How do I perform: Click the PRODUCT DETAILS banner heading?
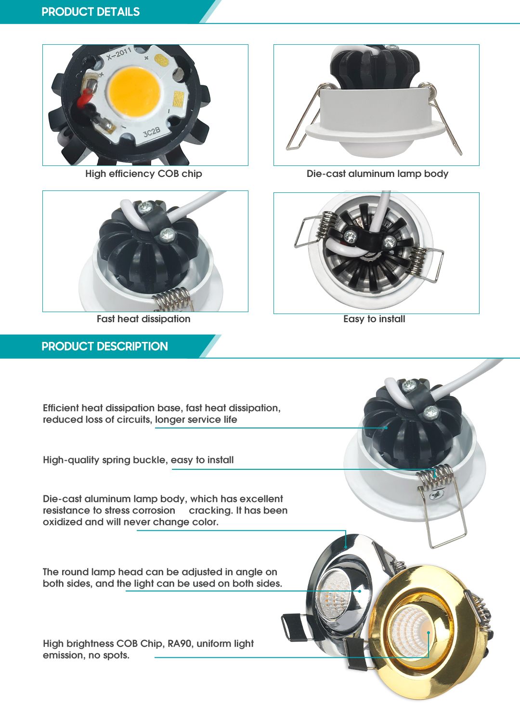91,12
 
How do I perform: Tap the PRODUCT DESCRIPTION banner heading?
105,346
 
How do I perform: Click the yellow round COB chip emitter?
134,92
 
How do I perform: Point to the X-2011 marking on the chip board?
118,54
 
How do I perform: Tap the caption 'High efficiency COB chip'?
143,174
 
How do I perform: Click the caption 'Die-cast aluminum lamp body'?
377,174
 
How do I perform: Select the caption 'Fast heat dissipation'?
143,319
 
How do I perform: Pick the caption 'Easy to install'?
374,319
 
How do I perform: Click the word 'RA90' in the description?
180,643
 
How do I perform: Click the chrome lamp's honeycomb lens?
334,591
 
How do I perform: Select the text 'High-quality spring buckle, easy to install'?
138,460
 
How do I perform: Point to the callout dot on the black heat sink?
386,428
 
